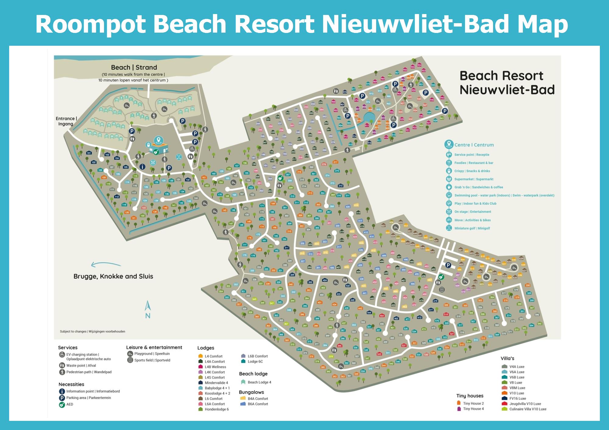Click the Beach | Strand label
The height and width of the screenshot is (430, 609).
pyautogui.click(x=134, y=67)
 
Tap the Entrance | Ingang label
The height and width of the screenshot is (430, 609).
pyautogui.click(x=66, y=121)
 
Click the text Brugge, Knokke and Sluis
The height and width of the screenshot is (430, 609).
pyautogui.click(x=113, y=276)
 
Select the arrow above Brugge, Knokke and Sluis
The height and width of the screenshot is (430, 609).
pyautogui.click(x=106, y=265)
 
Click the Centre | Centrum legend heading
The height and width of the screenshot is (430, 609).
pyautogui.click(x=474, y=145)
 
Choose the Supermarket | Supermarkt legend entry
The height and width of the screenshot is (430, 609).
pyautogui.click(x=473, y=179)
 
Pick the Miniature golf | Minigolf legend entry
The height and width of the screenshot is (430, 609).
pyautogui.click(x=472, y=228)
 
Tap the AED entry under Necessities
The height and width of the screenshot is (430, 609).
pyautogui.click(x=70, y=404)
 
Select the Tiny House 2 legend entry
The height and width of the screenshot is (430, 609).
pyautogui.click(x=473, y=403)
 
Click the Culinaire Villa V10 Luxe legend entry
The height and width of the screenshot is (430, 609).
pyautogui.click(x=528, y=409)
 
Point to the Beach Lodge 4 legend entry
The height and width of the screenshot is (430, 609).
pyautogui.click(x=259, y=382)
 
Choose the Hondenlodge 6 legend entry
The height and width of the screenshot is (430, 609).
pyautogui.click(x=216, y=409)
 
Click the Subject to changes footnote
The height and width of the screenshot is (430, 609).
pyautogui.click(x=92, y=331)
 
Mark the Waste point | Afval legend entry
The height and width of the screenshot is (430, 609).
pyautogui.click(x=81, y=365)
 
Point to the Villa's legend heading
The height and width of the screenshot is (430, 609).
pyautogui.click(x=507, y=358)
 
